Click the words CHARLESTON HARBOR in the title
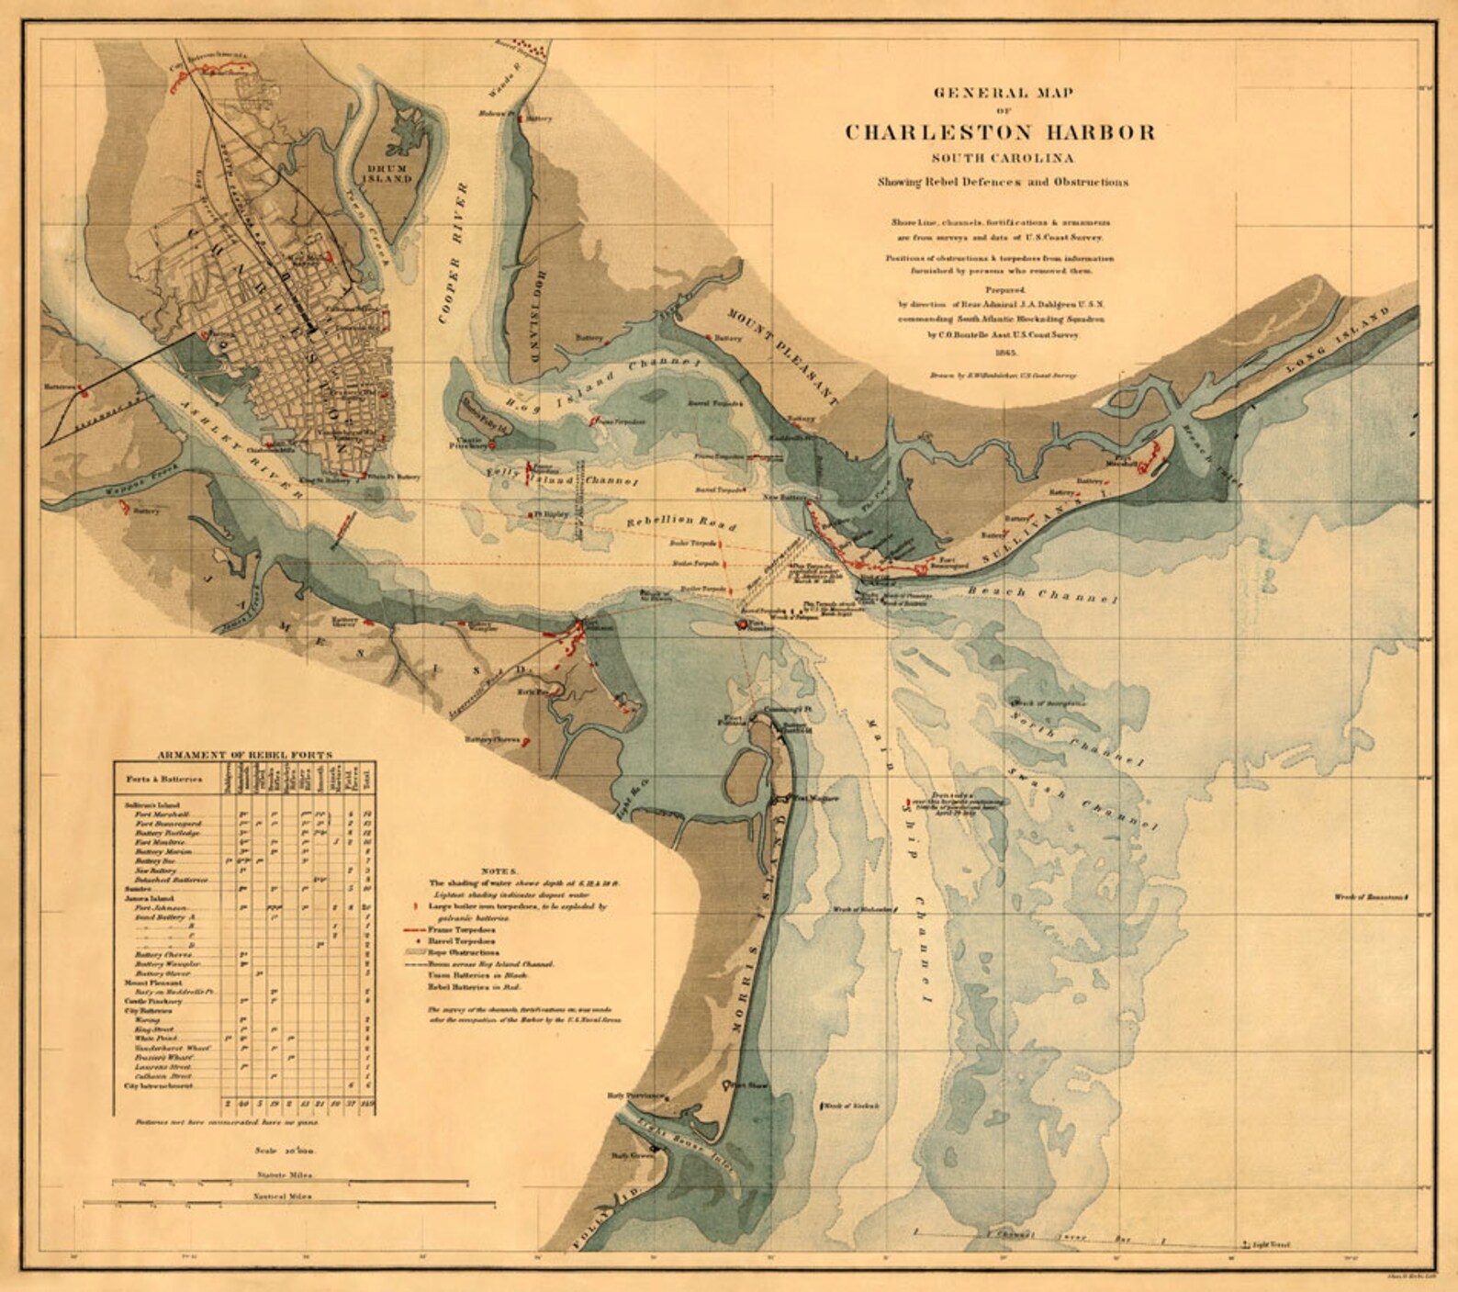pos(1000,132)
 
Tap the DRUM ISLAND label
pos(391,174)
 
